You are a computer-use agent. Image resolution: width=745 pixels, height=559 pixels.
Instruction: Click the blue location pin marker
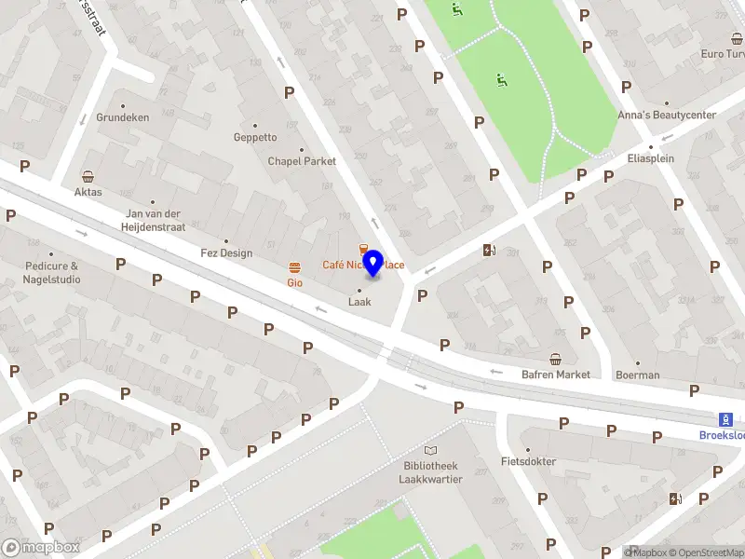point(372,263)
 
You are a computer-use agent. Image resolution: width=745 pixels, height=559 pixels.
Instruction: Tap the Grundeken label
point(122,118)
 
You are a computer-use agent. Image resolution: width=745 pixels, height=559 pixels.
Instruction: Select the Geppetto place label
point(255,137)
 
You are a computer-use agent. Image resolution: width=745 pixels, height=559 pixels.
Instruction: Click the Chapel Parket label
point(302,161)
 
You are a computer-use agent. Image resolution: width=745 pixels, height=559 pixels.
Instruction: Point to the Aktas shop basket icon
point(88,176)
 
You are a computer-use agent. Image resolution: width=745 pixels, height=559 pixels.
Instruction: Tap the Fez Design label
point(226,252)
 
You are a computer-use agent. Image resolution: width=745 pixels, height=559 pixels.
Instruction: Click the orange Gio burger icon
point(294,266)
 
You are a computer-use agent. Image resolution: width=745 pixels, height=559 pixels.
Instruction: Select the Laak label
point(359,302)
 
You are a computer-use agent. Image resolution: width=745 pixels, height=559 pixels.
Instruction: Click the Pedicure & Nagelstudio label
point(52,272)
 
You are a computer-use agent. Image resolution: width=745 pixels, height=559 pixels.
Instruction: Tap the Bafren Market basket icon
point(556,359)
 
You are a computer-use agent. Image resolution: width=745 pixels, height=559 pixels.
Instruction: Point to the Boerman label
point(637,375)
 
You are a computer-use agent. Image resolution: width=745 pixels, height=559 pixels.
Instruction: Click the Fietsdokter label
point(528,461)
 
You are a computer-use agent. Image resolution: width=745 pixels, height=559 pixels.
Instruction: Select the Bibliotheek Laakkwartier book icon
point(429,450)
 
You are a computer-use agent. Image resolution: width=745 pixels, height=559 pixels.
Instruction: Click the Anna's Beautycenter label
point(667,116)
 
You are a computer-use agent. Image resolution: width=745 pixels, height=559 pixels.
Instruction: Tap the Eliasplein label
point(650,158)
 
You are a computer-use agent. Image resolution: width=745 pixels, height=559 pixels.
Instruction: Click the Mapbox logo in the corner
point(41,548)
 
